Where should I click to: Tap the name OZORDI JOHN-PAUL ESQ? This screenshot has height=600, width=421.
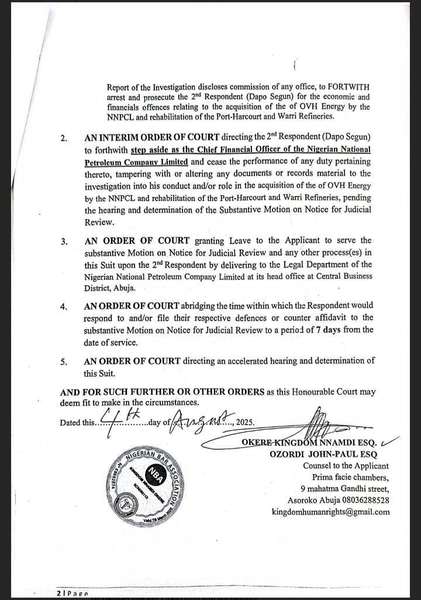323,454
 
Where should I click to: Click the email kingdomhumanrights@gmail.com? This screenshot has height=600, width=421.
331,512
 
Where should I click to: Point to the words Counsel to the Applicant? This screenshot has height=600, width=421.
346,465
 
